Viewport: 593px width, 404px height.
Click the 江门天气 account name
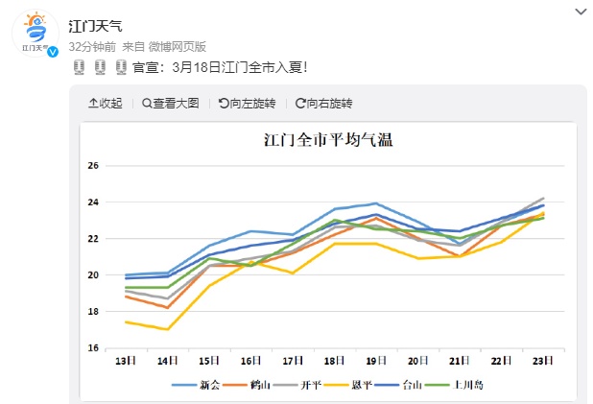tap(96, 26)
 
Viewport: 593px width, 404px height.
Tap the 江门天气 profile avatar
tap(35, 36)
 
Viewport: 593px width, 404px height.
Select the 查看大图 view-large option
tap(170, 103)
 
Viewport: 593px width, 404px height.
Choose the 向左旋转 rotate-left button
tap(247, 103)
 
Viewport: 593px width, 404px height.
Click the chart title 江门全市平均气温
tap(328, 140)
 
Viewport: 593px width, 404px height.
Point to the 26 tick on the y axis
tap(94, 166)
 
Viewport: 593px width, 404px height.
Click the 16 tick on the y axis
tap(94, 347)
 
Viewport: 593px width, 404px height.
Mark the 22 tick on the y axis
tap(94, 239)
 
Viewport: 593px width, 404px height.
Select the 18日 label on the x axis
tap(334, 360)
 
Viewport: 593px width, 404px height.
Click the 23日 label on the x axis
tap(542, 360)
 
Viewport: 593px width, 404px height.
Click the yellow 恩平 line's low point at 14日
tap(168, 329)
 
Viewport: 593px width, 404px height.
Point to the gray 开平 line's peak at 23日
tap(543, 198)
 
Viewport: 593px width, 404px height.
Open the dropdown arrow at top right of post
tap(580, 12)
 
